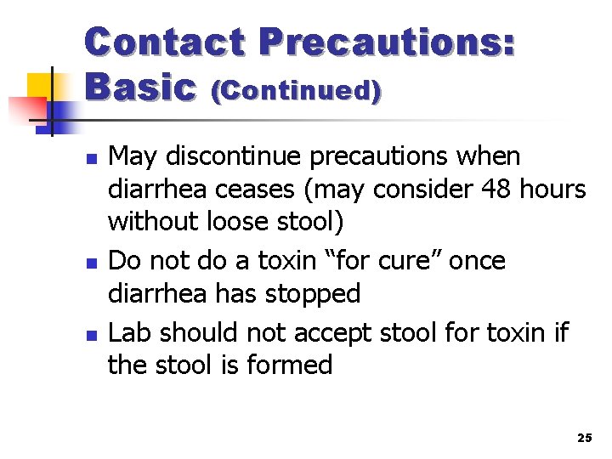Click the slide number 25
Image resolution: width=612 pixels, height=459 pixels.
[x=584, y=438]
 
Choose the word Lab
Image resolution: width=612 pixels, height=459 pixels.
[x=132, y=331]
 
